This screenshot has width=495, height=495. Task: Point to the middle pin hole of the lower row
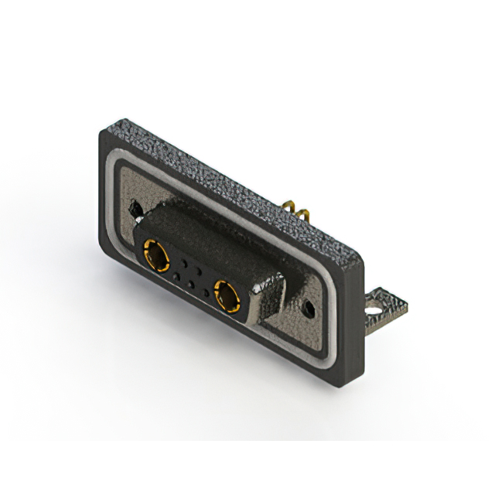click(x=191, y=285)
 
